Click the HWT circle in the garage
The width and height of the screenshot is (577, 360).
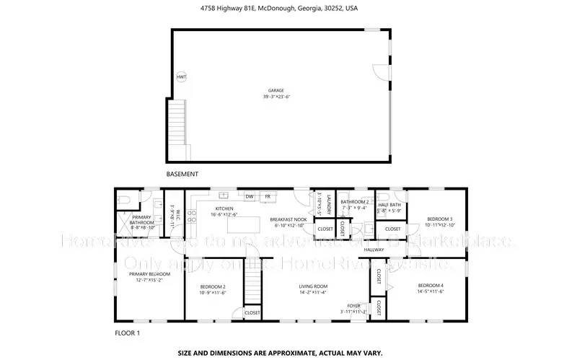tap(181, 76)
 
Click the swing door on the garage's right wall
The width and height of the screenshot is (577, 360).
tap(379, 72)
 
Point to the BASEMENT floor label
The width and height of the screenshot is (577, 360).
tap(182, 174)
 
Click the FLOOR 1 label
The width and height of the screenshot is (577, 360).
tap(128, 333)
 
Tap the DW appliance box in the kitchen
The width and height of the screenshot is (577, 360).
tap(250, 196)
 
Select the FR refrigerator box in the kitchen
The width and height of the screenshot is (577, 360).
tap(268, 196)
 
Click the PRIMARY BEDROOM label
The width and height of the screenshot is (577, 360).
tap(149, 274)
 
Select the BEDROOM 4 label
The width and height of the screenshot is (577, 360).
tap(431, 286)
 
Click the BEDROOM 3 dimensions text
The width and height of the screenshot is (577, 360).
tap(439, 224)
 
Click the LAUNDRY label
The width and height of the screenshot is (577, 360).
tap(328, 203)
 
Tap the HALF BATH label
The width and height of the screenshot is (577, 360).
tap(389, 205)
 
